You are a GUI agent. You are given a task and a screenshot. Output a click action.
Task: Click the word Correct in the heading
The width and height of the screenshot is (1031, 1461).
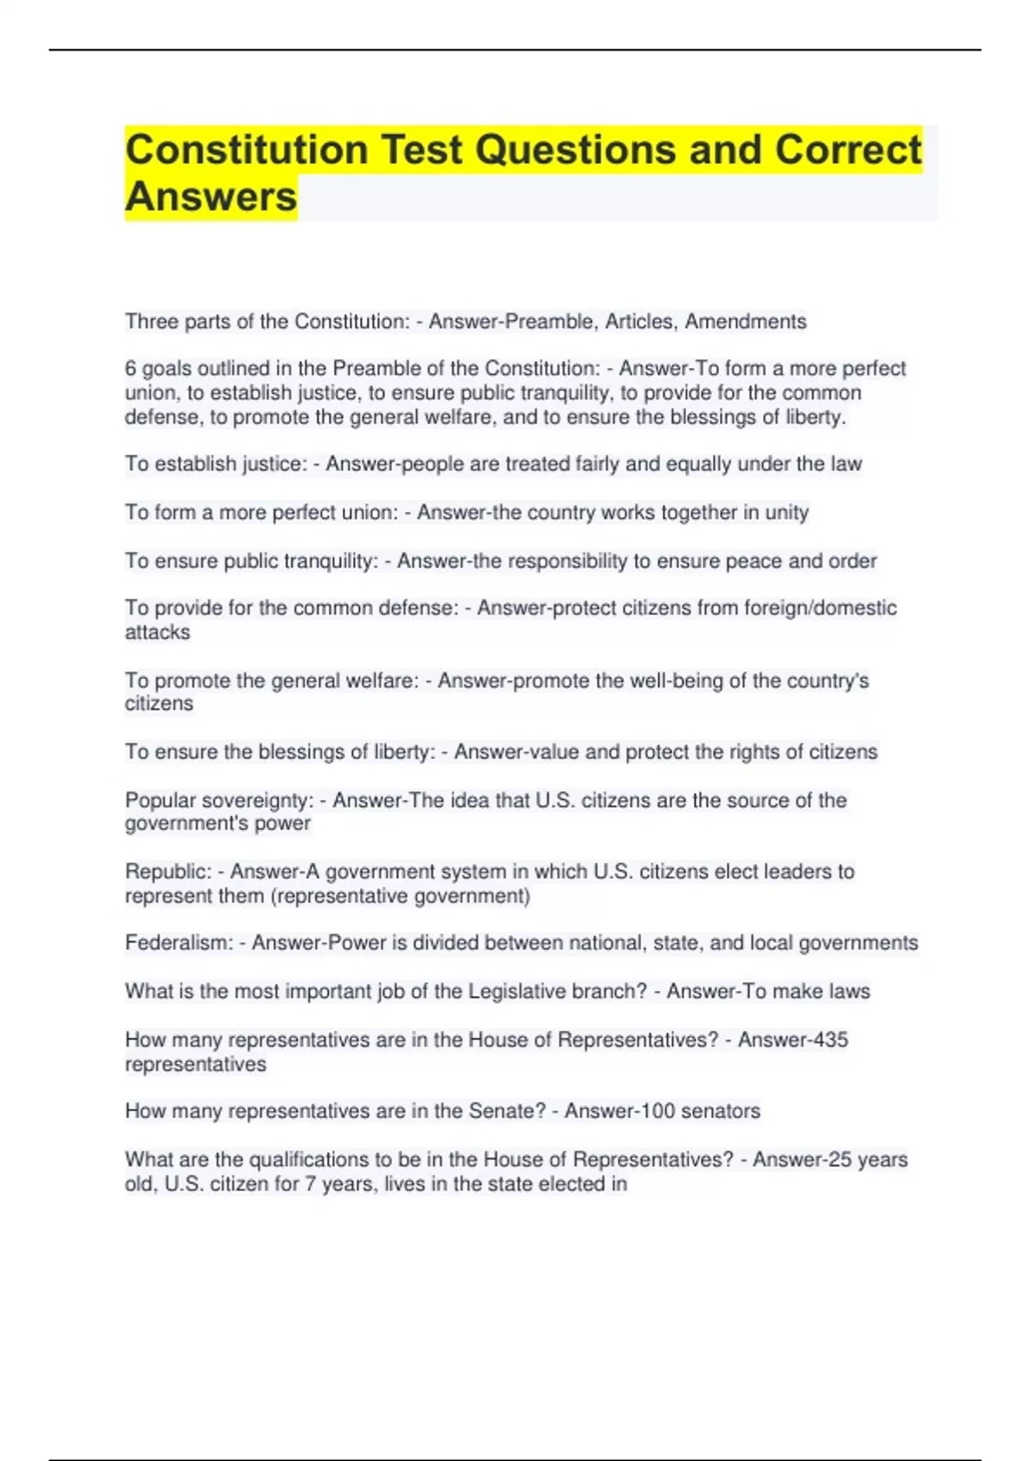click(848, 150)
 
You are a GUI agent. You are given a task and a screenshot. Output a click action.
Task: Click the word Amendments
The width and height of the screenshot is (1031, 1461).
click(745, 321)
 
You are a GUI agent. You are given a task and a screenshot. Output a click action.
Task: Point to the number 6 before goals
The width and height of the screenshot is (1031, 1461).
click(131, 369)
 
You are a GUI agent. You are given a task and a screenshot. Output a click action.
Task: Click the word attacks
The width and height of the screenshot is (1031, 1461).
click(157, 633)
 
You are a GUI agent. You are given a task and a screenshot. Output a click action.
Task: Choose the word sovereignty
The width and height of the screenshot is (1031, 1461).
click(256, 801)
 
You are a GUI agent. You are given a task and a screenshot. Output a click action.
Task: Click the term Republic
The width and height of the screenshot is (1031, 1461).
click(167, 871)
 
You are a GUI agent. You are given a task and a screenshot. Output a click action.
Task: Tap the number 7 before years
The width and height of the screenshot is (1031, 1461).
click(310, 1184)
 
